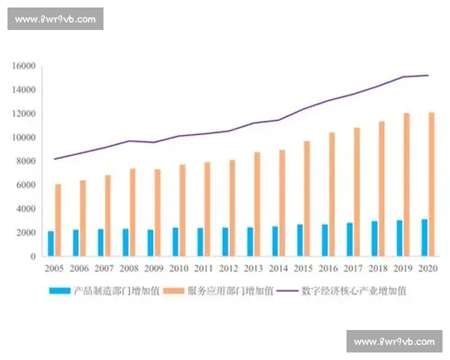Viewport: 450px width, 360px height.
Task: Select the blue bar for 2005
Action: [x=51, y=244]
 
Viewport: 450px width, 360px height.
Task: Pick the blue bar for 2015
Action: [x=299, y=240]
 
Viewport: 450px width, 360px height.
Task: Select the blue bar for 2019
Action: [x=400, y=238]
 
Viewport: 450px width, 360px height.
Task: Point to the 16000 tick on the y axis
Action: [x=25, y=66]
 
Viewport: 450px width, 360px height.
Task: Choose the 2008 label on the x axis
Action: [x=129, y=268]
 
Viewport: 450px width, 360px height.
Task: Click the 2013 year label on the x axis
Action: [x=253, y=268]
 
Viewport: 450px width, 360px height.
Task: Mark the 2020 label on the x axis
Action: [x=427, y=268]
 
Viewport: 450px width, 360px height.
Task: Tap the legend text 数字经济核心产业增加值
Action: [x=353, y=290]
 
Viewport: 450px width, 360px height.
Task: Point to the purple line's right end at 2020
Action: [x=427, y=75]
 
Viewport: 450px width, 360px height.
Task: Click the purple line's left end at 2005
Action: [x=54, y=159]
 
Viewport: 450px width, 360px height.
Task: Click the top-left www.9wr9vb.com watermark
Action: [x=56, y=19]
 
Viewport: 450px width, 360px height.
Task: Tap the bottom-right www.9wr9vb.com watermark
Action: [x=394, y=342]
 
